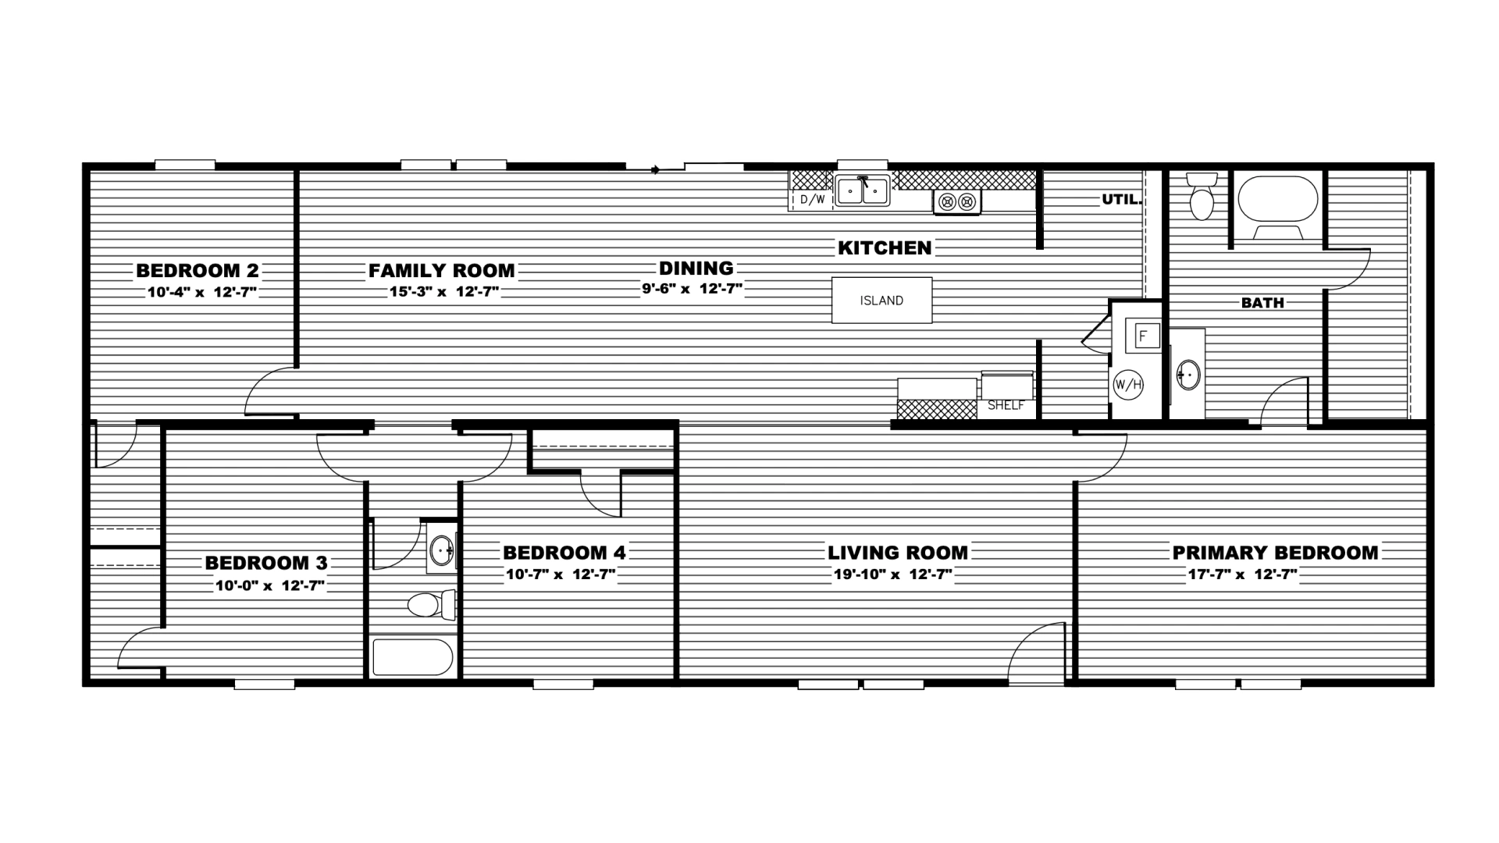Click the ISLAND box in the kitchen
[x=881, y=301]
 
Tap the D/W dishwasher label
[x=813, y=200]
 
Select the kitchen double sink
[x=863, y=190]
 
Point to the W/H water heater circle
[x=1128, y=384]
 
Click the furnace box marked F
[x=1144, y=336]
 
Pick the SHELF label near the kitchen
[x=1006, y=406]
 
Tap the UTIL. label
[x=1122, y=200]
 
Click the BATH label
[x=1262, y=303]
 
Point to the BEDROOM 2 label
[x=198, y=271]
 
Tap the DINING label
[x=696, y=269]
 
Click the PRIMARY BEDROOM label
[x=1276, y=553]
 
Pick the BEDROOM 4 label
[x=564, y=553]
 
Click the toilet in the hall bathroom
[x=432, y=604]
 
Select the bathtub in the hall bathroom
[x=412, y=657]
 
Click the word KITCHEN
[x=885, y=248]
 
